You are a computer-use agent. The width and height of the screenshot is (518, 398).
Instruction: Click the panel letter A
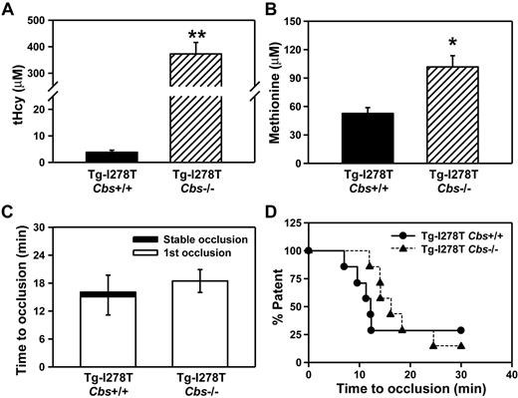point(7,10)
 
